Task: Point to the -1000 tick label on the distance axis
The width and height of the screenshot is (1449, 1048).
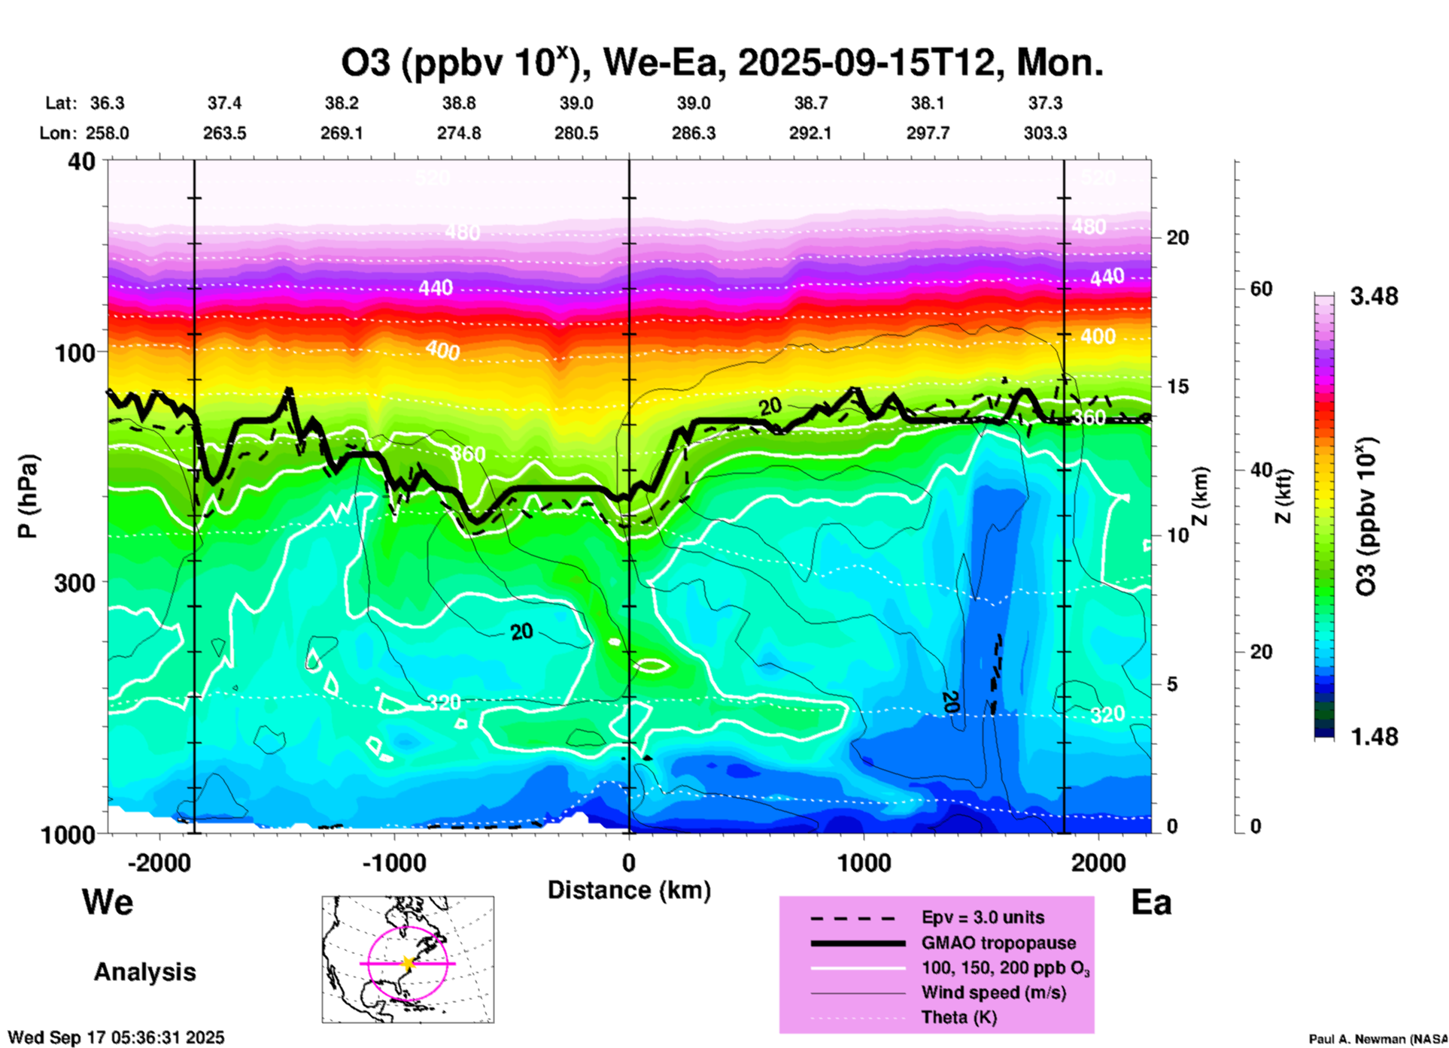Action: click(x=394, y=862)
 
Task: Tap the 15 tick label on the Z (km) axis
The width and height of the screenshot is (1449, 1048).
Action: click(x=1177, y=386)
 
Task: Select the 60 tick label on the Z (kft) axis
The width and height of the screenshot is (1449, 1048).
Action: click(x=1261, y=289)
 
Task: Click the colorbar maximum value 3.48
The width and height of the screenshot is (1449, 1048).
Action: click(x=1374, y=296)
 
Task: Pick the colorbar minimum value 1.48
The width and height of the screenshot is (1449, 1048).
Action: click(x=1374, y=737)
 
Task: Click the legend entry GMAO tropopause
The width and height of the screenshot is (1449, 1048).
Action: click(x=998, y=943)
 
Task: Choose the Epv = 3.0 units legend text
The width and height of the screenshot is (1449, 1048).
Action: click(x=983, y=917)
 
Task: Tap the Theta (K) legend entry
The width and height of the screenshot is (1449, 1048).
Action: click(x=958, y=1017)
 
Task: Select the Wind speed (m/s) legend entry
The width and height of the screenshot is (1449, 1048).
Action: click(x=993, y=992)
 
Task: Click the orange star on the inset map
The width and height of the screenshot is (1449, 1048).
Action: click(x=408, y=963)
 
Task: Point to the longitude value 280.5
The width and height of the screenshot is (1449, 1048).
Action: click(x=576, y=133)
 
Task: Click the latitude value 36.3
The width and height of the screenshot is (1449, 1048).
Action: click(x=107, y=103)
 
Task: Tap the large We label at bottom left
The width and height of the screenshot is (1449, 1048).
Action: click(x=108, y=901)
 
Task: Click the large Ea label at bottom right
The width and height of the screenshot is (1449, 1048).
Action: click(x=1151, y=902)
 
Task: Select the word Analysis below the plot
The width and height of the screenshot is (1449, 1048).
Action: click(x=144, y=972)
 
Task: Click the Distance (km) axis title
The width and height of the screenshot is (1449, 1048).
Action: click(x=629, y=890)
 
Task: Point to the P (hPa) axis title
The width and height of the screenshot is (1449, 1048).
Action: click(x=28, y=496)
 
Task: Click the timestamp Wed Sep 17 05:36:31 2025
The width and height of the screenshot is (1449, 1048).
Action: click(x=117, y=1037)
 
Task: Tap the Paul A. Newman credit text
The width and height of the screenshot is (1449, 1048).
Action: click(x=1377, y=1039)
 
